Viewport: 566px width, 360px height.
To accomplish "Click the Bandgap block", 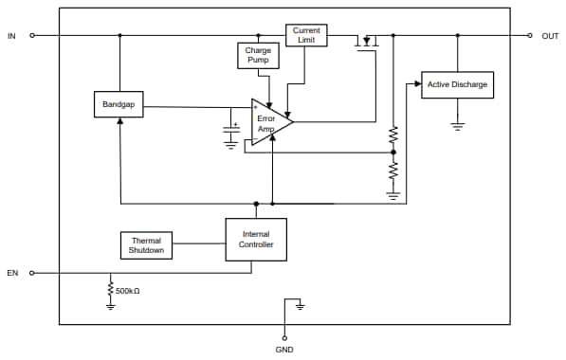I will pos(119,105).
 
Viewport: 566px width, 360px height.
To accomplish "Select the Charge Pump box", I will pos(258,55).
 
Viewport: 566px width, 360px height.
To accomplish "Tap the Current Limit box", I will pos(306,36).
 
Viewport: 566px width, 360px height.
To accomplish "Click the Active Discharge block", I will pos(457,84).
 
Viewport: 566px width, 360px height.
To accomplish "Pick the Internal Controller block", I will pos(256,239).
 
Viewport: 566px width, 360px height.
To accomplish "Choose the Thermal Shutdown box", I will pos(146,245).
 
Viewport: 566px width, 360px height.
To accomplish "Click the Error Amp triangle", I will pos(269,121).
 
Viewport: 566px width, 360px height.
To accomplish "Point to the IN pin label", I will pos(11,35).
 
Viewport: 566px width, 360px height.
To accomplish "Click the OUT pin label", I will pos(550,35).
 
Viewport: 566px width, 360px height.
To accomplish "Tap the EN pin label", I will pos(12,273).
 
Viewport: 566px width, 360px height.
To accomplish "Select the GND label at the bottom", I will pos(284,349).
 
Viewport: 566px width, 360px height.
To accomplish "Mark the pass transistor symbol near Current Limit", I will pos(367,41).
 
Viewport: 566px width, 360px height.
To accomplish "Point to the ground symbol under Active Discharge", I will pos(458,125).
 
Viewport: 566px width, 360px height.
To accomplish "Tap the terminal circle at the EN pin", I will pos(32,273).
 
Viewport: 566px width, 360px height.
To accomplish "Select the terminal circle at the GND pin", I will pos(284,335).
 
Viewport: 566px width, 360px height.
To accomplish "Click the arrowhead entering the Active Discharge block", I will pos(417,84).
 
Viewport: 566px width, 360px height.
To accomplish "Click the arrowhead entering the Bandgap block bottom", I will pos(119,123).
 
